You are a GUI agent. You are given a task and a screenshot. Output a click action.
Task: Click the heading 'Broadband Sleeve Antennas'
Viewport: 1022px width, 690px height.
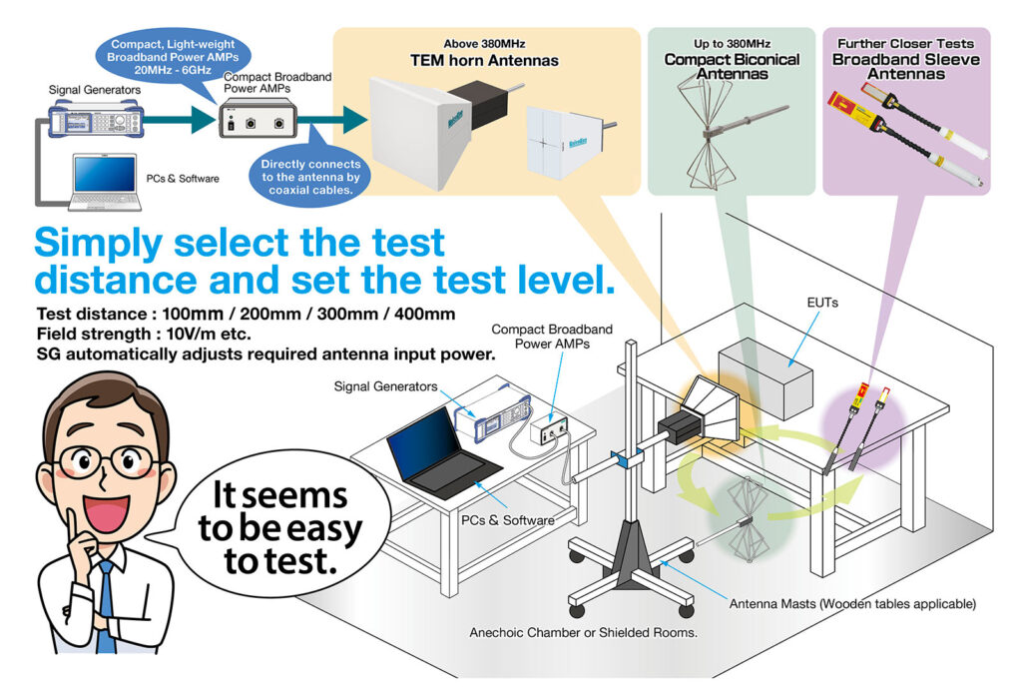[905, 66]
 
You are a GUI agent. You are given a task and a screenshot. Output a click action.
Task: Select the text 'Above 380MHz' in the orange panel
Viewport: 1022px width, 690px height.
[484, 44]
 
